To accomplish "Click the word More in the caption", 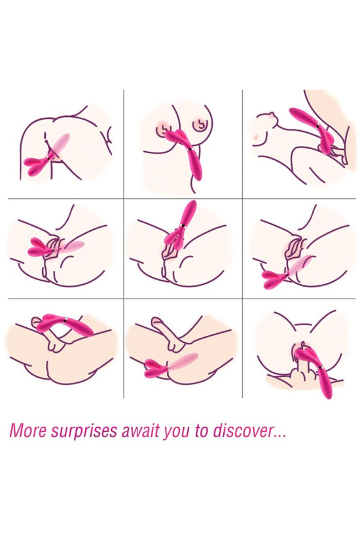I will click(x=28, y=432).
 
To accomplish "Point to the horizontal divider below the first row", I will click(x=180, y=198).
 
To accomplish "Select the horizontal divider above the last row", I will click(x=180, y=299).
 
